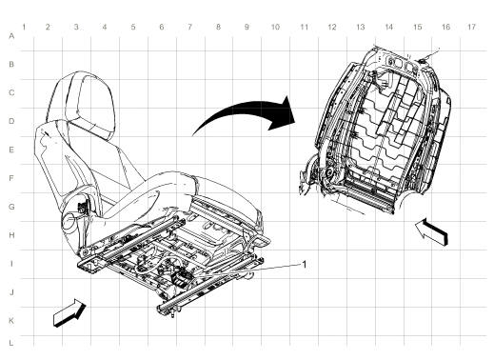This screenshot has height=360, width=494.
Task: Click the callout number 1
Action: [x=305, y=264]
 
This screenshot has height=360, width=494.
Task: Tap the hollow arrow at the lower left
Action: [x=69, y=311]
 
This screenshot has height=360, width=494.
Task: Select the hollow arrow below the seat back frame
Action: [x=431, y=231]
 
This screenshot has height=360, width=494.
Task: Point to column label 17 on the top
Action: [x=471, y=26]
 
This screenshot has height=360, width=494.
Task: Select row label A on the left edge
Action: [x=10, y=36]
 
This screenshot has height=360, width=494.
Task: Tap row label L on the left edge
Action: [x=10, y=341]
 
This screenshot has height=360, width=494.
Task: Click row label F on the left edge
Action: [x=10, y=178]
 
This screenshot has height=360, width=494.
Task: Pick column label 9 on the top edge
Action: [x=246, y=26]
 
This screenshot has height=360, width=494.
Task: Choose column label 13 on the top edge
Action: [x=360, y=26]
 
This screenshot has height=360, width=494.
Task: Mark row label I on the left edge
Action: [x=10, y=264]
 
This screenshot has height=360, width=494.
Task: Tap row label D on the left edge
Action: [x=10, y=122]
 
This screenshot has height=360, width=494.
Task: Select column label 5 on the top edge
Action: [x=132, y=26]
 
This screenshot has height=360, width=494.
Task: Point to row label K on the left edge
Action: [x=10, y=321]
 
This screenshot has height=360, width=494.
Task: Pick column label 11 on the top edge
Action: [x=303, y=26]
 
